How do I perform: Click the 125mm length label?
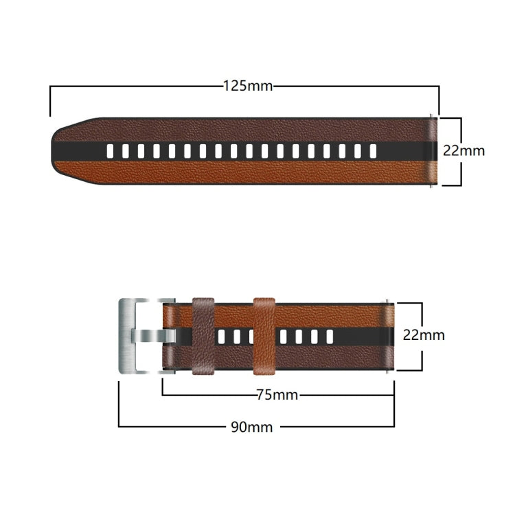248,87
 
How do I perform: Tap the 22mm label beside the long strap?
463,150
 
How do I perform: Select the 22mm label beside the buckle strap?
424,335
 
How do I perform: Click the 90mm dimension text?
251,427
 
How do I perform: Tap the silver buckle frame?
128,336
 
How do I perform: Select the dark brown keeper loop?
204,336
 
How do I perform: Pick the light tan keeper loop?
264,336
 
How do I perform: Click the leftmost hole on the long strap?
111,151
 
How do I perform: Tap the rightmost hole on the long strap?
373,151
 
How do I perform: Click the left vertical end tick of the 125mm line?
50,102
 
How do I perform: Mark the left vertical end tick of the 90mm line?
119,405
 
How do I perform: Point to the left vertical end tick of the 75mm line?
163,386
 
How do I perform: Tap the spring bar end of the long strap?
433,151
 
